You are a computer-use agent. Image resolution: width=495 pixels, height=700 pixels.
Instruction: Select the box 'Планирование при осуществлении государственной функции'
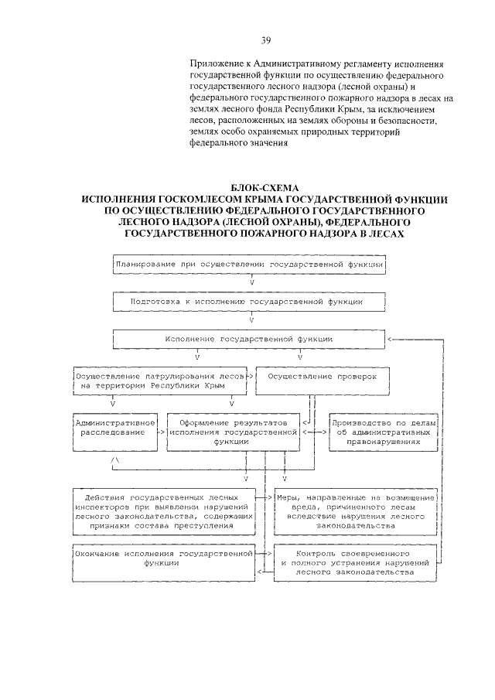[249, 264]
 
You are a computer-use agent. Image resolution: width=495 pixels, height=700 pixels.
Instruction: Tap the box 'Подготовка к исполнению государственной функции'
[249, 302]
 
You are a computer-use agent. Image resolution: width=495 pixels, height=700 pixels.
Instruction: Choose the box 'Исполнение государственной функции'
[249, 339]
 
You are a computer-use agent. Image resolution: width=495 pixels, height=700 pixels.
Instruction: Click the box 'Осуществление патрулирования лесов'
[160, 379]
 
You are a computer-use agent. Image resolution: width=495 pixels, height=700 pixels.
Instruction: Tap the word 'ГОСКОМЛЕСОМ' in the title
[181, 200]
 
